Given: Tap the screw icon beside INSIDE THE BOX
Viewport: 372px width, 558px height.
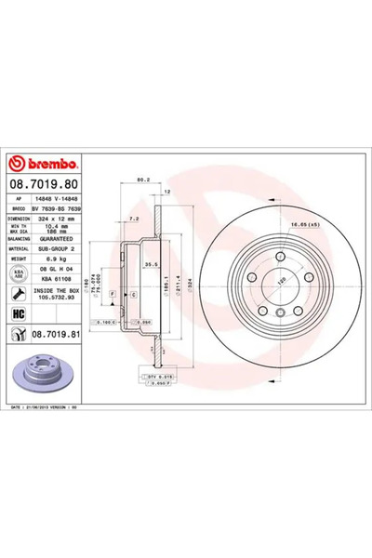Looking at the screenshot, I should (19, 293).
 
